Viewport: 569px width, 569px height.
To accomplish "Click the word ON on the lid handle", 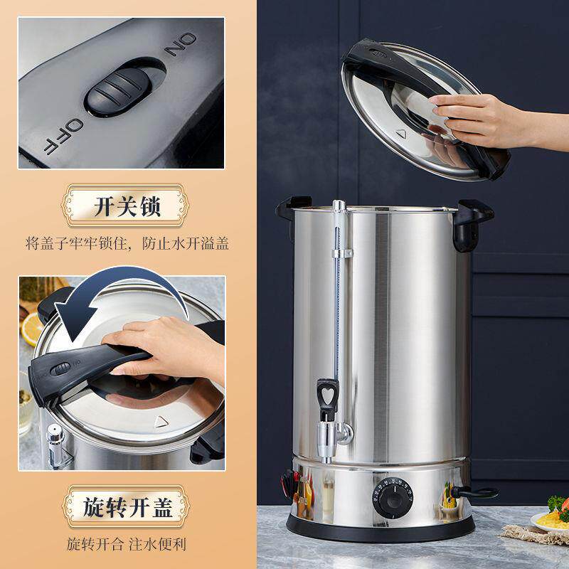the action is pyautogui.click(x=181, y=44).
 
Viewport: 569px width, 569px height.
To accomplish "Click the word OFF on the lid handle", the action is pyautogui.click(x=64, y=137).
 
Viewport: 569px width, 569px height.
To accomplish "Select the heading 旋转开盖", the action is pyautogui.click(x=127, y=507).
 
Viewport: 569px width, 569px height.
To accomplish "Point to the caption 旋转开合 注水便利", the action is pyautogui.click(x=127, y=544).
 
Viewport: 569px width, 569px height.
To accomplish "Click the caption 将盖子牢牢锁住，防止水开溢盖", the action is pyautogui.click(x=127, y=243).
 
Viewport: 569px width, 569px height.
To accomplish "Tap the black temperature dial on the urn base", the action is pyautogui.click(x=393, y=497).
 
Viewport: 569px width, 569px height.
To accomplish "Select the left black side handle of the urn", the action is pyautogui.click(x=292, y=211).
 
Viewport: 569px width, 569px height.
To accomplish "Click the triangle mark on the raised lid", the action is pyautogui.click(x=401, y=134).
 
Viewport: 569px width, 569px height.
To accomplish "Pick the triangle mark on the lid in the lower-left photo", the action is pyautogui.click(x=161, y=422).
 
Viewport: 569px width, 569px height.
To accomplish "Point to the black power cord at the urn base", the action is pyautogui.click(x=474, y=493).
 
